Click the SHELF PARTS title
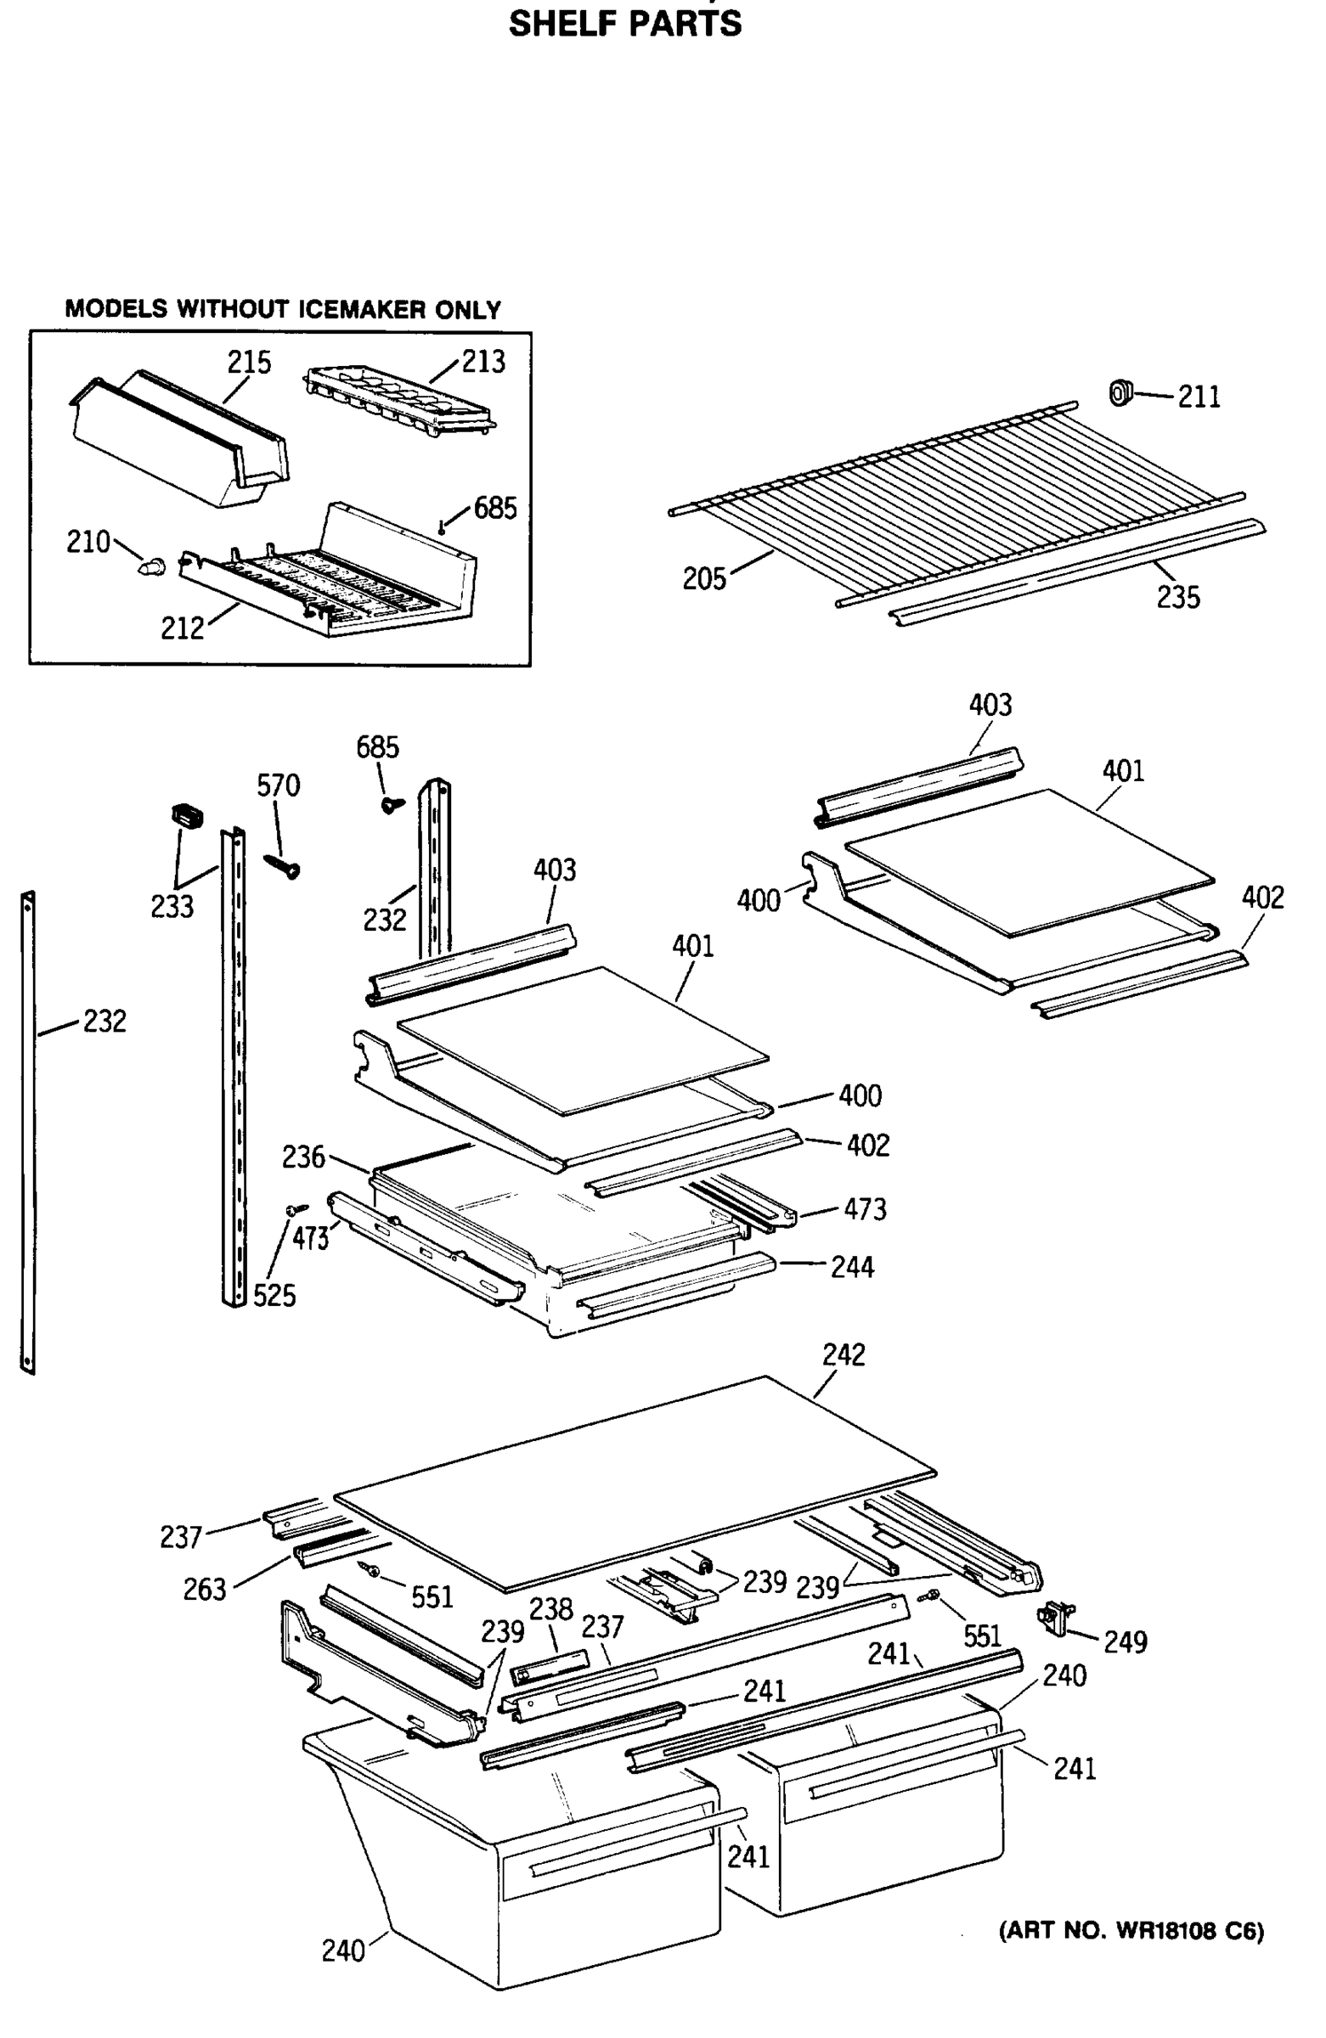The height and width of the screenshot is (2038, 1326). (x=624, y=23)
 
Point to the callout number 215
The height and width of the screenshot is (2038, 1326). (x=248, y=363)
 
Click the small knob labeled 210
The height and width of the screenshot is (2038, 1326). (x=152, y=565)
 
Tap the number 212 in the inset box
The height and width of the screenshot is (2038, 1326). (x=183, y=628)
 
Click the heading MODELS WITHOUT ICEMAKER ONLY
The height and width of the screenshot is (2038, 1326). (x=283, y=309)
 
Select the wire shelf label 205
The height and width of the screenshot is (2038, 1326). (x=703, y=579)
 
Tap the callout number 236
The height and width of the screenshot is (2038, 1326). (x=303, y=1157)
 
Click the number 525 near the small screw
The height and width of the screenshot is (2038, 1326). (x=274, y=1296)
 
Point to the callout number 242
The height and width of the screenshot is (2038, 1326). (x=843, y=1354)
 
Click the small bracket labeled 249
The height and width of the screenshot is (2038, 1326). (x=1056, y=1617)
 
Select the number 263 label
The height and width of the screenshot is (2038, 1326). (x=204, y=1590)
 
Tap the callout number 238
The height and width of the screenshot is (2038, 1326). (x=550, y=1609)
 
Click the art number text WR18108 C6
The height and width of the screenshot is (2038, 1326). (x=1131, y=1930)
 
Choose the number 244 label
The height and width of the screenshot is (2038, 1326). (x=851, y=1267)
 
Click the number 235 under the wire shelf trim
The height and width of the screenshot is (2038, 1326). (x=1178, y=598)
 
